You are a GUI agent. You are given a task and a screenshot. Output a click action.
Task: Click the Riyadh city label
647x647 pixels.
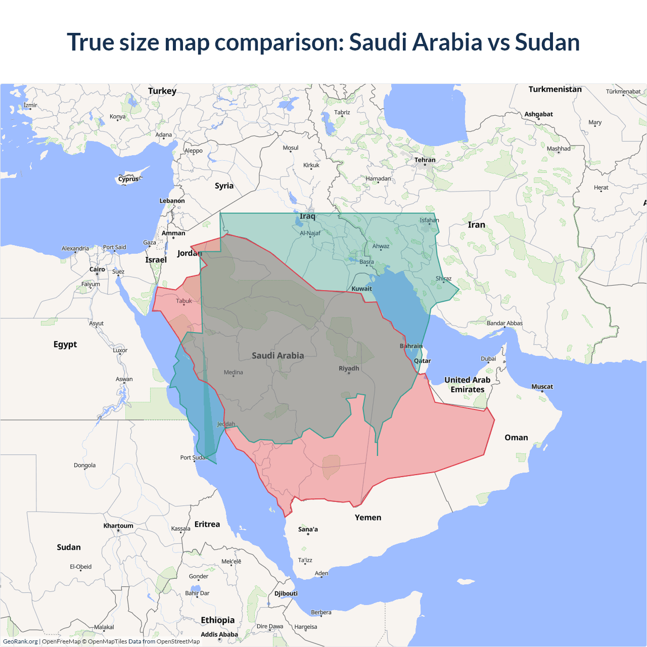click(x=349, y=368)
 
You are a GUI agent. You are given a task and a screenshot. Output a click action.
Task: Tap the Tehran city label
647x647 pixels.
click(x=425, y=160)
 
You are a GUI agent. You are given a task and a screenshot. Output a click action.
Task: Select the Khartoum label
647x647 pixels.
click(x=118, y=526)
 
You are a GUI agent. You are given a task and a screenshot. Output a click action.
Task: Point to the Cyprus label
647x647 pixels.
click(x=128, y=179)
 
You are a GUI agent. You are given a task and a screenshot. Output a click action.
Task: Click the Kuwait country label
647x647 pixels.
click(x=361, y=289)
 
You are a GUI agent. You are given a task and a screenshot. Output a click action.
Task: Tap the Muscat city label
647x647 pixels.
click(x=542, y=387)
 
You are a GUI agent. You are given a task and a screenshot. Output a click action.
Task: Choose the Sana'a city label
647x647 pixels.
click(x=308, y=529)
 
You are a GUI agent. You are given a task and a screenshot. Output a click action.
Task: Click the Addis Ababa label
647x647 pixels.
click(x=219, y=634)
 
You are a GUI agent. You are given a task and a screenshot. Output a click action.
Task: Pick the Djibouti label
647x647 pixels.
click(x=286, y=593)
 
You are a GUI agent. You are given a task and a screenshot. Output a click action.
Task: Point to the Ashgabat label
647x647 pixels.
click(x=538, y=114)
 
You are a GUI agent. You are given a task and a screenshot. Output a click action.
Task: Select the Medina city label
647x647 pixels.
click(x=233, y=373)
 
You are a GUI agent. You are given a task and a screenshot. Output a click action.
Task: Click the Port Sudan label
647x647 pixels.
click(x=194, y=457)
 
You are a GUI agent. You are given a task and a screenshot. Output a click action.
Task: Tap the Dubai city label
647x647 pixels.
click(x=488, y=359)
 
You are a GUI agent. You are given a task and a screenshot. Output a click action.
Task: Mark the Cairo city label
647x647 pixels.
click(x=97, y=269)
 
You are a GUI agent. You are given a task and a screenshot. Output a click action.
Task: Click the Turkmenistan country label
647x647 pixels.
click(x=554, y=89)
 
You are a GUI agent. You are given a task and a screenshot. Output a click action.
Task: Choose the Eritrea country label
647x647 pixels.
click(x=207, y=524)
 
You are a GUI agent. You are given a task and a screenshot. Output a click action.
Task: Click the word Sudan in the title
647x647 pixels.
click(x=547, y=42)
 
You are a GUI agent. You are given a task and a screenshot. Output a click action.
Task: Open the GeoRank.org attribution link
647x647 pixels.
click(x=20, y=641)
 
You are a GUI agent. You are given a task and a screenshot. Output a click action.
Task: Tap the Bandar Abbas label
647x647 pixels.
click(x=504, y=323)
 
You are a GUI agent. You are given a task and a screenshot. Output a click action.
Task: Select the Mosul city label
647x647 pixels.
click(x=290, y=148)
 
